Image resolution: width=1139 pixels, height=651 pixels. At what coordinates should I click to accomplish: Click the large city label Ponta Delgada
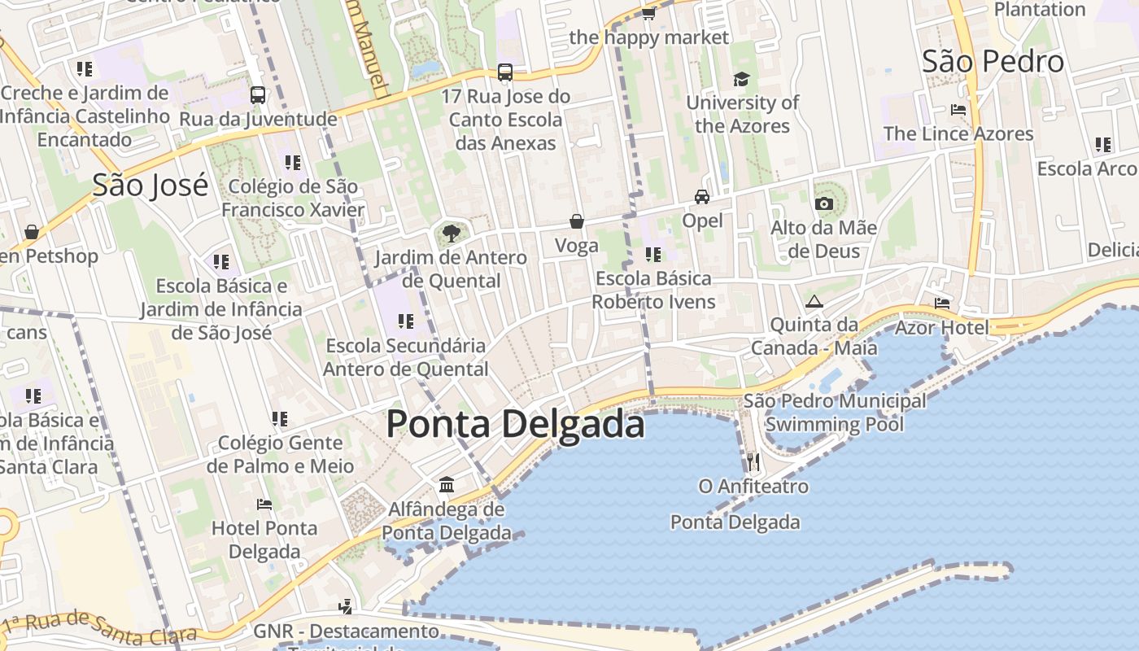click(x=515, y=425)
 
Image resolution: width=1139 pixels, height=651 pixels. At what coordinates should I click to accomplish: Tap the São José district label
click(x=150, y=186)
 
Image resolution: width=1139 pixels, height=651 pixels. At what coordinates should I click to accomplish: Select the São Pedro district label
click(x=993, y=62)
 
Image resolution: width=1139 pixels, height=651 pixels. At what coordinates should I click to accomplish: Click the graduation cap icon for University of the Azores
click(x=741, y=79)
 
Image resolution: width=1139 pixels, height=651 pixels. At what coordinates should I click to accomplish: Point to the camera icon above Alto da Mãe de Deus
click(x=823, y=203)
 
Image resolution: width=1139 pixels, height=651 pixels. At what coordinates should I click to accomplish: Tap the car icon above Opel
click(x=701, y=197)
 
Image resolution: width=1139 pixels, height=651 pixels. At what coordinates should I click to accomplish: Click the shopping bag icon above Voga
click(x=576, y=221)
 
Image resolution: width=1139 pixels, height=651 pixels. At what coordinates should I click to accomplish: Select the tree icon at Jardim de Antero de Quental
click(x=451, y=234)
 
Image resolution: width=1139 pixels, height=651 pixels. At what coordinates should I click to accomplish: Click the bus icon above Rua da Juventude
click(x=258, y=95)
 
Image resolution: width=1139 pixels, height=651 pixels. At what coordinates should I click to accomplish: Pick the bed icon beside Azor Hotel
click(x=942, y=304)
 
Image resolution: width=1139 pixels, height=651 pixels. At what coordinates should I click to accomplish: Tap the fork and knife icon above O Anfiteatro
click(x=753, y=462)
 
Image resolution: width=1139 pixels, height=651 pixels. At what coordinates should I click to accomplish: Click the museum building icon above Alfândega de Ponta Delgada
click(x=447, y=486)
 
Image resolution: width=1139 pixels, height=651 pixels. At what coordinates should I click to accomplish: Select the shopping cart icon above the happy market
click(x=648, y=13)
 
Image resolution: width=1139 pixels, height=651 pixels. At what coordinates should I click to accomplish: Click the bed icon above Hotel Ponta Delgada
click(x=264, y=505)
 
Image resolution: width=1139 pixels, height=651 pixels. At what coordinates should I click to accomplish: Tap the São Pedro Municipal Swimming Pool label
click(x=835, y=413)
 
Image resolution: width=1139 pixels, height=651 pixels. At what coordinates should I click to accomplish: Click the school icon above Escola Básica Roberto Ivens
click(x=652, y=255)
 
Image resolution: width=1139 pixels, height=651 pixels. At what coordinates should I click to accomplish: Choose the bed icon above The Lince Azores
click(x=958, y=110)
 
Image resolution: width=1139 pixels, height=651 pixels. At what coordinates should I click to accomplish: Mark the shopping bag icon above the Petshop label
click(x=32, y=233)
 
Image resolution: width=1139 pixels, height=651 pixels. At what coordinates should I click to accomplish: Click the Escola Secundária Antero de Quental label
click(x=406, y=357)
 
